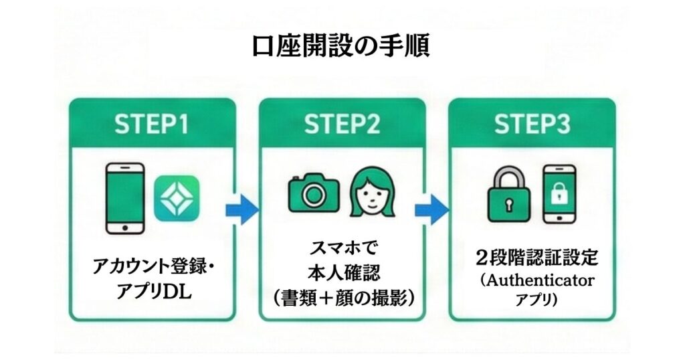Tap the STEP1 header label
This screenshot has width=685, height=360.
click(x=153, y=124)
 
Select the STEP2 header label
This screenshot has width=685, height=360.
click(x=342, y=124)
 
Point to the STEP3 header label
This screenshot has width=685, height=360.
click(x=532, y=124)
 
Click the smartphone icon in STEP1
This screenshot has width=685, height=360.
click(x=126, y=199)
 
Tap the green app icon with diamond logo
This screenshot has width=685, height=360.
click(x=176, y=199)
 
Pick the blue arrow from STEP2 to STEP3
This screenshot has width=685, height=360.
click(x=434, y=209)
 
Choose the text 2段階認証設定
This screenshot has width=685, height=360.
click(x=532, y=258)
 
